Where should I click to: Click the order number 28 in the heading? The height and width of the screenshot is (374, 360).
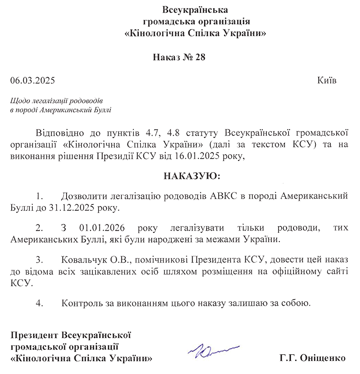click(200, 58)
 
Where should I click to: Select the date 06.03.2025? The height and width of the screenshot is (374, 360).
click(32, 81)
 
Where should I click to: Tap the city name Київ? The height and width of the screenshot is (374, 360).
click(327, 81)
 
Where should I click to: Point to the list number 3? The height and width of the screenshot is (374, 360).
click(39, 260)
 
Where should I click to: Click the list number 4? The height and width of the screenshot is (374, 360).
click(39, 303)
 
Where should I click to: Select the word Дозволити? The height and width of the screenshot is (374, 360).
click(83, 196)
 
